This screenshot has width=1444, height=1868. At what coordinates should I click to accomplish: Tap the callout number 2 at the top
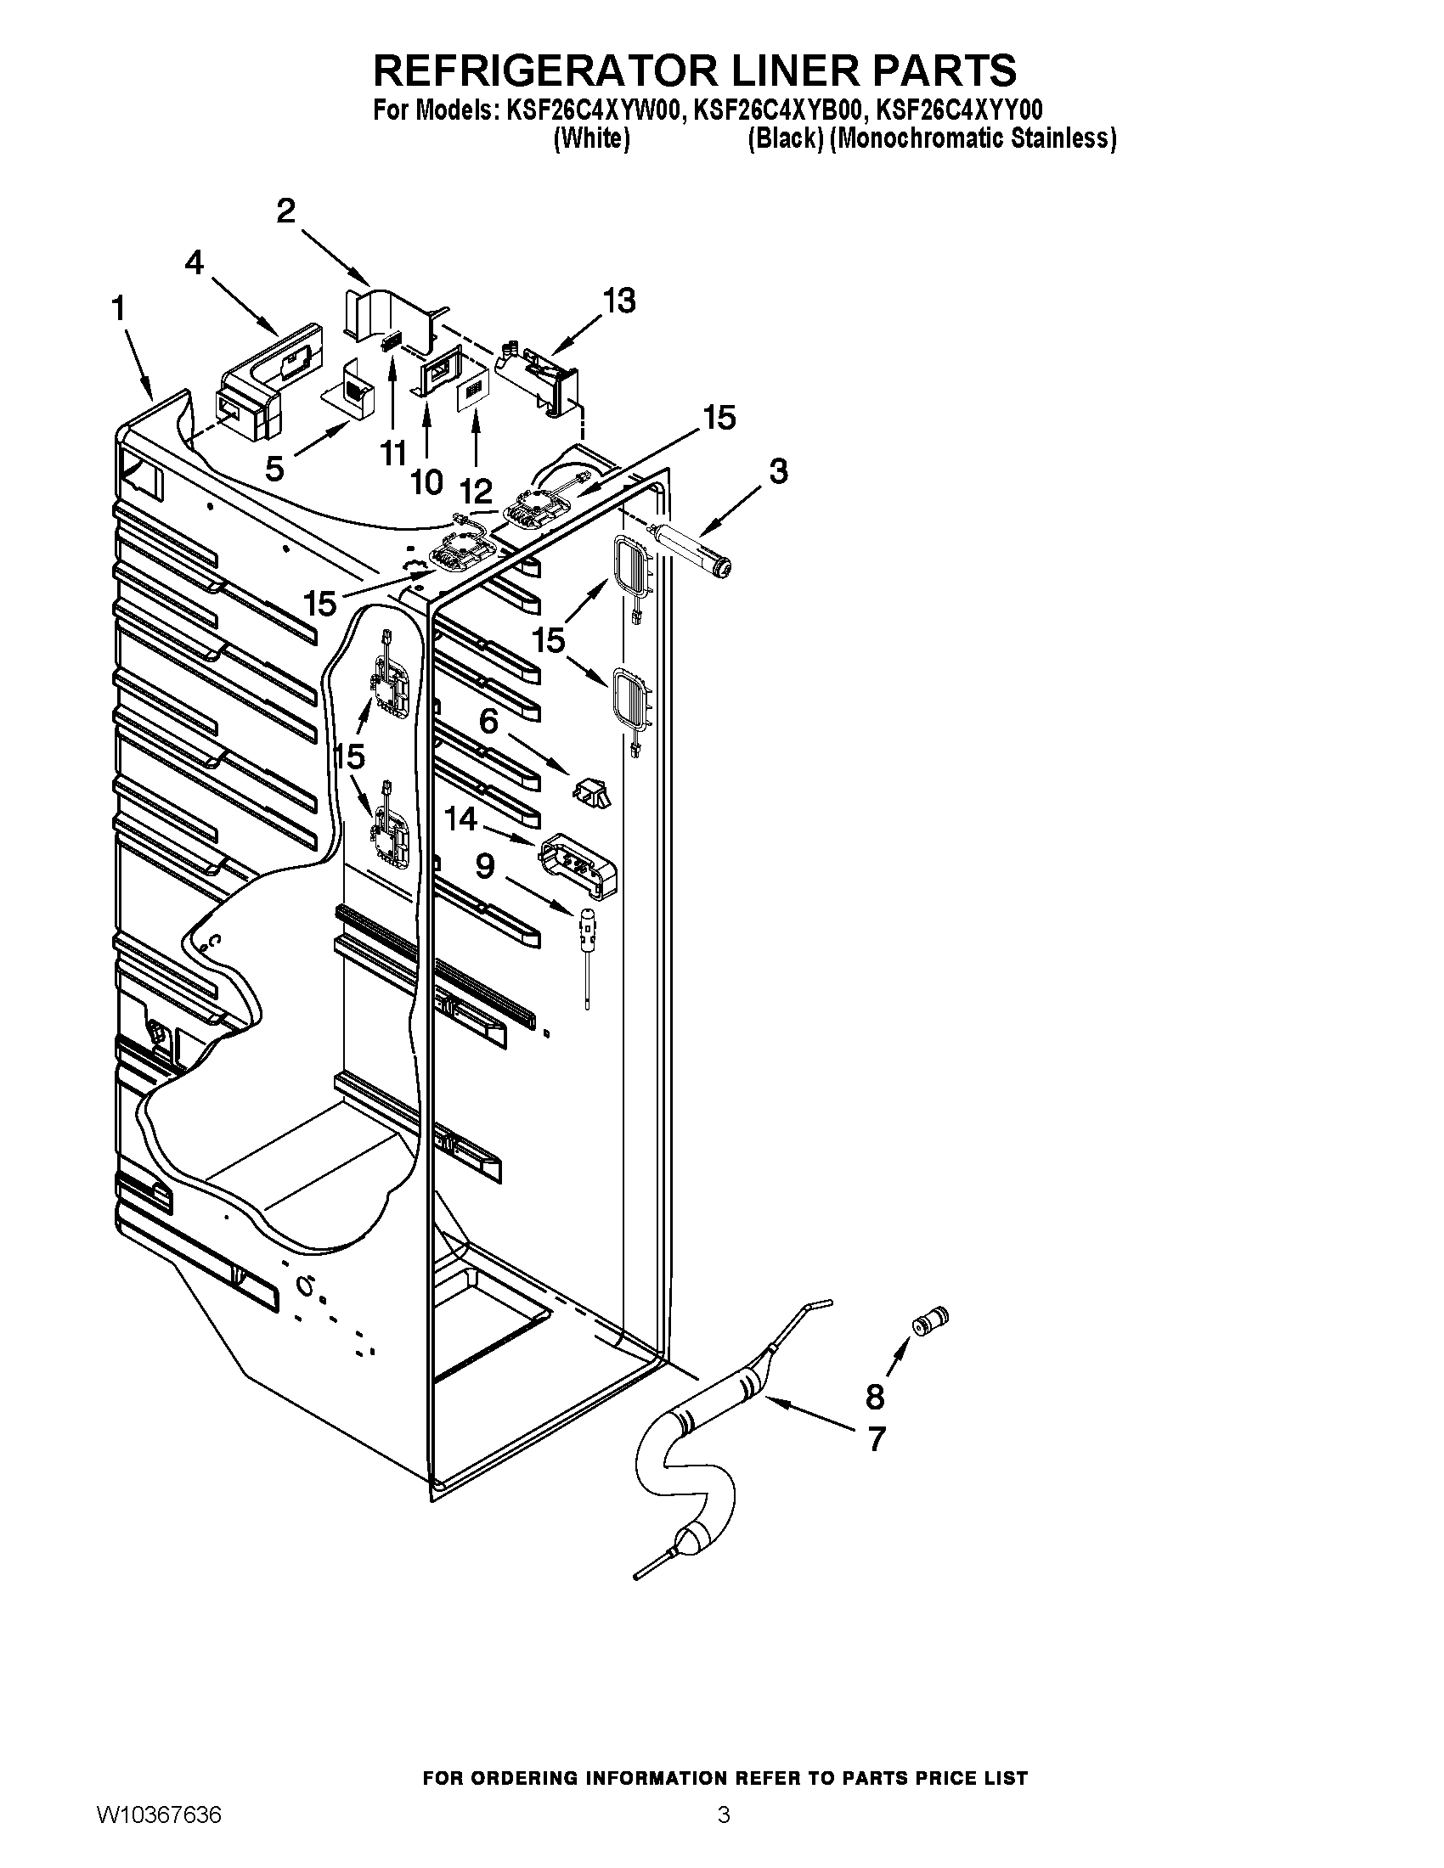tap(285, 211)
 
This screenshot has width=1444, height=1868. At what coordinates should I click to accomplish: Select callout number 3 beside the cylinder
tap(777, 471)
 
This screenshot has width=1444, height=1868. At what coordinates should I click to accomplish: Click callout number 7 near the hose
tap(876, 1439)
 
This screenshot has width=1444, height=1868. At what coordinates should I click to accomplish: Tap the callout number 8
tap(874, 1397)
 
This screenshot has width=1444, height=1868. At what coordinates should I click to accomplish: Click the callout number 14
tap(460, 819)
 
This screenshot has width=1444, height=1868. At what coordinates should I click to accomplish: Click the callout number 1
tap(118, 309)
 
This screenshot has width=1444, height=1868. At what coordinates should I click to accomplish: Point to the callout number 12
tap(476, 491)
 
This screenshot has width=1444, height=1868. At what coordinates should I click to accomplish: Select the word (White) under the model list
tap(591, 138)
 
